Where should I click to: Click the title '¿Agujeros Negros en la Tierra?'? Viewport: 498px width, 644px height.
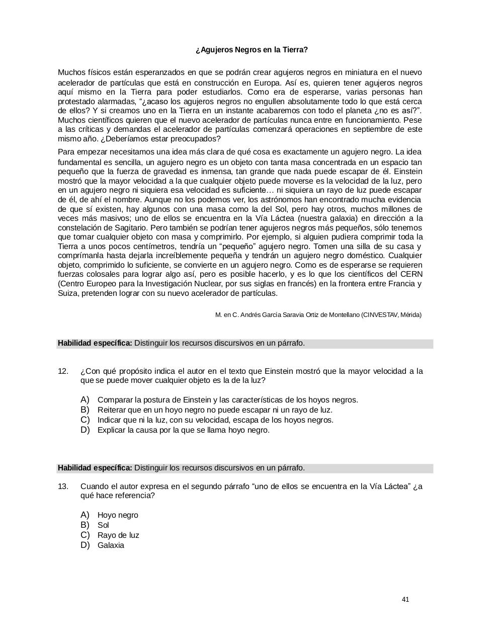coord(251,50)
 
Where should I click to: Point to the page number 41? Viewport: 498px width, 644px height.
coord(405,599)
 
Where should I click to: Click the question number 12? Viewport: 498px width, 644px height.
coord(63,371)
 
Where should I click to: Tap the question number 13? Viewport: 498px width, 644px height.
coord(63,487)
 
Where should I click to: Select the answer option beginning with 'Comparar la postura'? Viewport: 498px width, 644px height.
coord(227,400)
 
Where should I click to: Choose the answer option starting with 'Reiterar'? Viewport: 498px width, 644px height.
coord(215,410)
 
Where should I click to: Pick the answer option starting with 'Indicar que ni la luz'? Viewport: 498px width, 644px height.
coord(215,420)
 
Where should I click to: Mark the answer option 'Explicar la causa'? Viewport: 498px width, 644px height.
coord(183,430)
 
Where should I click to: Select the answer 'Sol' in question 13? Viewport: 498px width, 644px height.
coord(103,525)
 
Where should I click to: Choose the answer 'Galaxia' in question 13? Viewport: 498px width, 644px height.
coord(111,545)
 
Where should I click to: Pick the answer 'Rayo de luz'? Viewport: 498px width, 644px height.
coord(118,535)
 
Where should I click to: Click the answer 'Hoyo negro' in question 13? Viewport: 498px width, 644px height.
coord(118,515)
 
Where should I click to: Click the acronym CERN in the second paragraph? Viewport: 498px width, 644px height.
coord(411,274)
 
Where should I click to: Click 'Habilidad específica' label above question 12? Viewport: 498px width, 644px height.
coord(95,344)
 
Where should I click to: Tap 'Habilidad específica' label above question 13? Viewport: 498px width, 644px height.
coord(95,468)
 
